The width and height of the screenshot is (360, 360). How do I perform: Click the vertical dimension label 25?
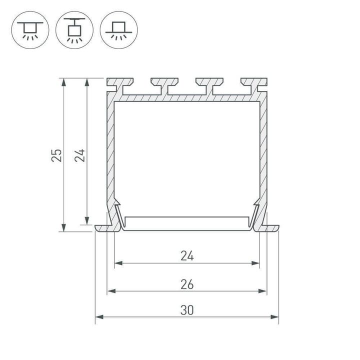pyautogui.click(x=57, y=155)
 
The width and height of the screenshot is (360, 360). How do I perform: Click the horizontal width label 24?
pyautogui.click(x=187, y=256)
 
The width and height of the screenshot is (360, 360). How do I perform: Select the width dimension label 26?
pyautogui.click(x=187, y=284)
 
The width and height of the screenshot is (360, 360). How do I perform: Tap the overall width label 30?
pyautogui.click(x=187, y=310)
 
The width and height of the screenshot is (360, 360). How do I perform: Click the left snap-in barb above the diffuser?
pyautogui.click(x=117, y=205)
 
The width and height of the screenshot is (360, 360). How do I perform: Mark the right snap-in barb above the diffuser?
pyautogui.click(x=257, y=205)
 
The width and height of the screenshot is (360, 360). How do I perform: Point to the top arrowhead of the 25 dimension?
pyautogui.click(x=63, y=81)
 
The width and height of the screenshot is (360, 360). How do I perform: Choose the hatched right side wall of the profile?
pyautogui.click(x=264, y=150)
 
